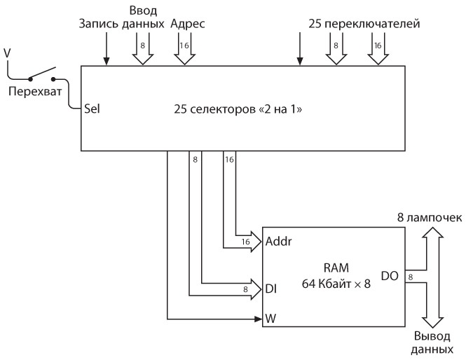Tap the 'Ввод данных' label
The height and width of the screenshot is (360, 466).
147,17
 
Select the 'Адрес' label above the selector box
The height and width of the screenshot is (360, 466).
188,23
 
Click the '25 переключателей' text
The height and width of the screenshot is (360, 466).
364,23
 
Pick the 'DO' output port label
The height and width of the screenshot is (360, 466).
390,276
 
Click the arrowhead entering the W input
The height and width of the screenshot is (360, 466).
257,319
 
